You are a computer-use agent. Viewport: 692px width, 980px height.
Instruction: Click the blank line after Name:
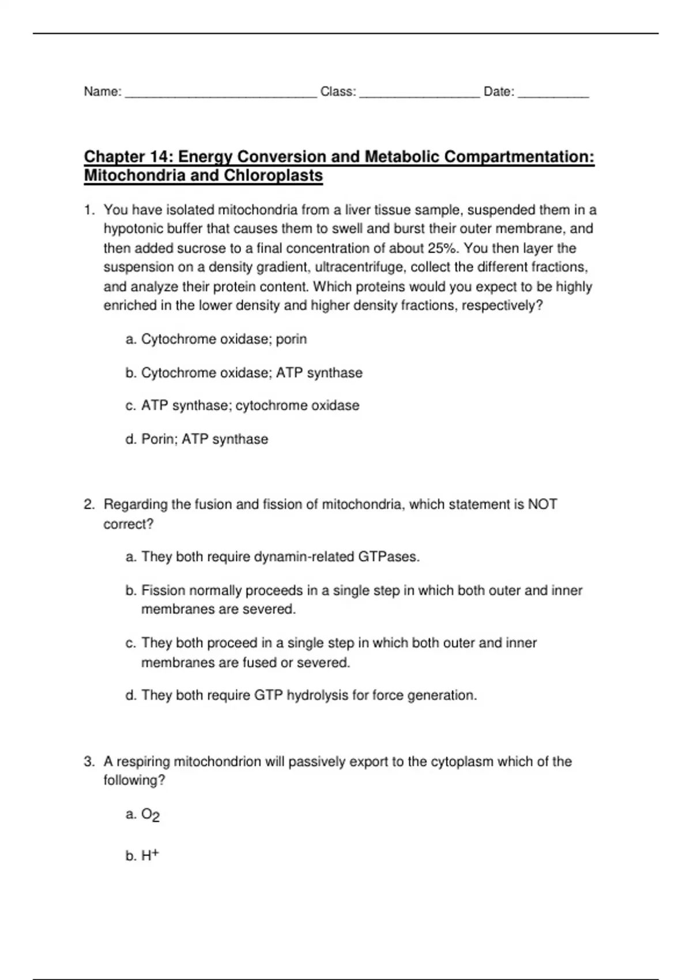[221, 93]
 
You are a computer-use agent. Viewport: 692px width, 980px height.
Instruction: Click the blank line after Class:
[419, 93]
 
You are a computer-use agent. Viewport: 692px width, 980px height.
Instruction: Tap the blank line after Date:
[553, 93]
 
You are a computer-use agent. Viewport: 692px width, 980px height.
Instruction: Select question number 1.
[89, 210]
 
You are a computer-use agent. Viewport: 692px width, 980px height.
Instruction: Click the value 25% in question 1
[443, 248]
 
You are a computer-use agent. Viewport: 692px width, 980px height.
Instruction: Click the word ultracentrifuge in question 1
[360, 267]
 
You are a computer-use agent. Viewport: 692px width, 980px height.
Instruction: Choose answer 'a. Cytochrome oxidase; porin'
[216, 340]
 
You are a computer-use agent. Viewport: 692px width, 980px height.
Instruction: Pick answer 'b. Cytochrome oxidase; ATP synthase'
[244, 373]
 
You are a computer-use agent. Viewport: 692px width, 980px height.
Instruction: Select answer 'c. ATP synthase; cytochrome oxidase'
[242, 406]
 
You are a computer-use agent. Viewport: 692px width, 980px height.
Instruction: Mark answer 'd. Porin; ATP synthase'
[197, 439]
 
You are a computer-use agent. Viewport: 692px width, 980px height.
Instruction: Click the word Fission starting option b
[164, 590]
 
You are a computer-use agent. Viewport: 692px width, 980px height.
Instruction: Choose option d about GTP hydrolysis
[301, 696]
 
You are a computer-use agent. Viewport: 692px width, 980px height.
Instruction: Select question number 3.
[89, 762]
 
